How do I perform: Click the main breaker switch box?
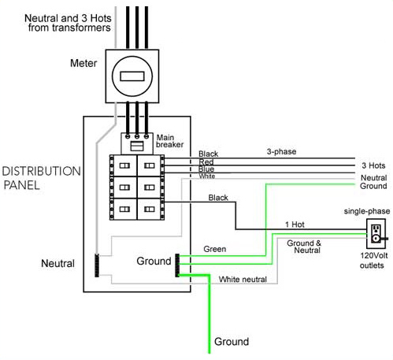click(x=135, y=143)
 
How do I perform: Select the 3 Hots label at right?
click(x=373, y=166)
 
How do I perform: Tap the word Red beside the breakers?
click(x=206, y=161)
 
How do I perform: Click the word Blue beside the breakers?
click(x=207, y=169)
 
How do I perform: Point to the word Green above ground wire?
click(x=215, y=250)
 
